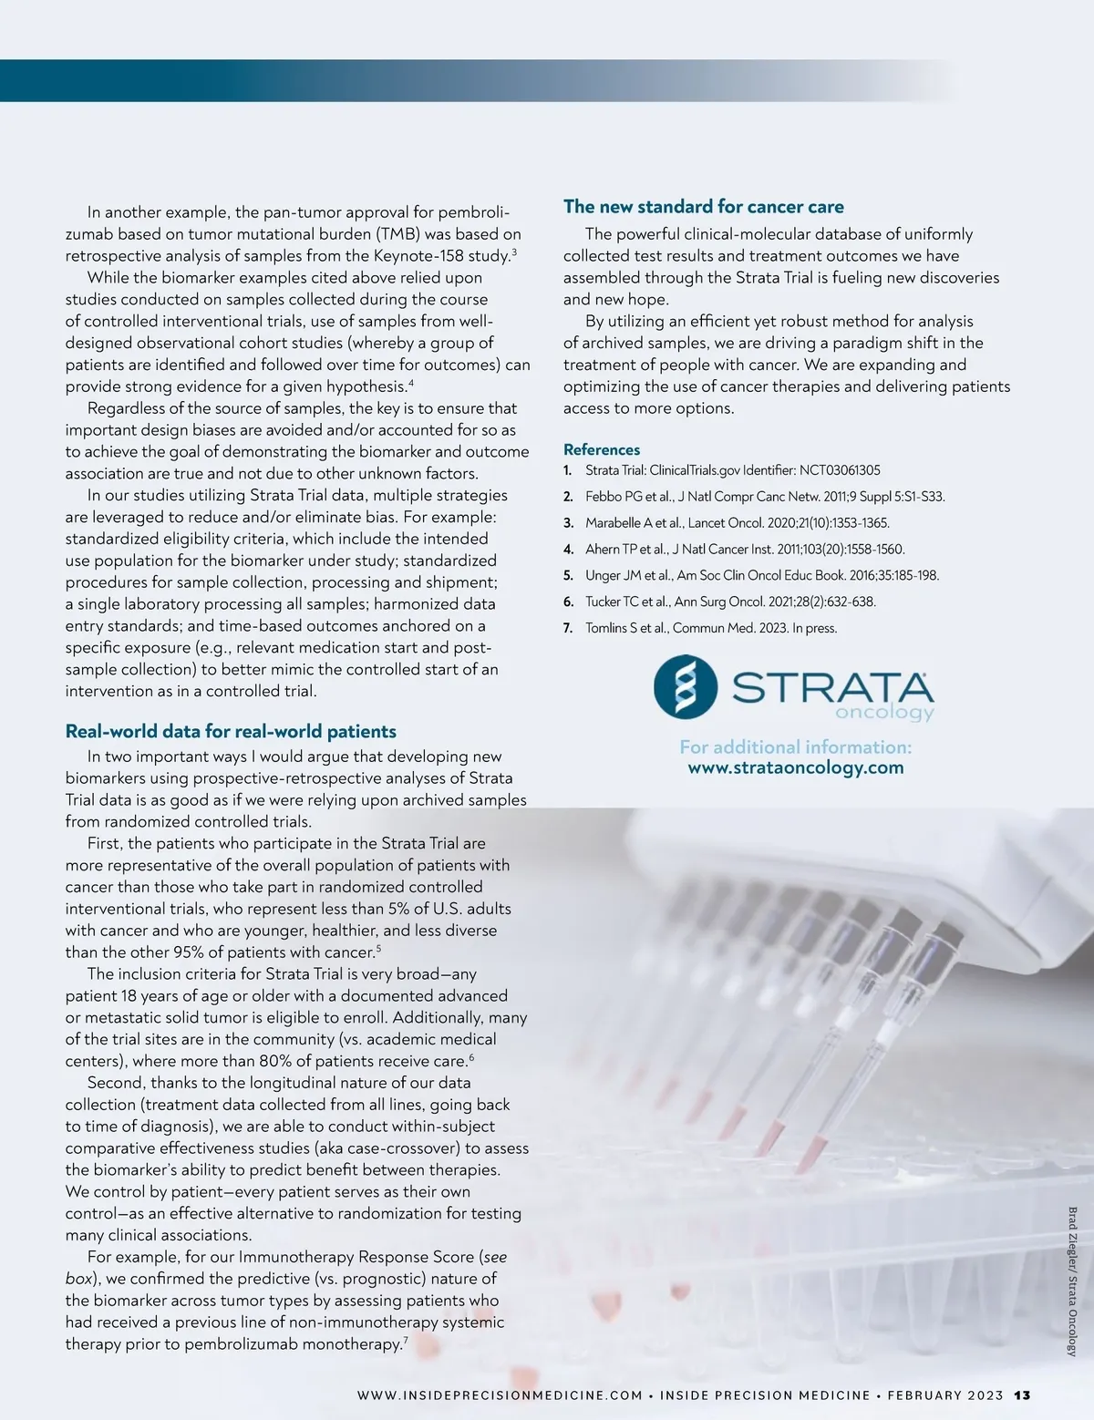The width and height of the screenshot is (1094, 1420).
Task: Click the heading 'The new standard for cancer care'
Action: (703, 207)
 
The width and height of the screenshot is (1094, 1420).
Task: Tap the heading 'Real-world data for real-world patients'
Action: (231, 731)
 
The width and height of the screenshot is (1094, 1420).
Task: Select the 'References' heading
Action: (602, 449)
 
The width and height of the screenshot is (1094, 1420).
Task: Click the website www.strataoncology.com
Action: (795, 767)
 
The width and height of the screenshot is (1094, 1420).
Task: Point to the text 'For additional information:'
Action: (795, 747)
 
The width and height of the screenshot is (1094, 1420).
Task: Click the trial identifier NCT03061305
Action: (840, 470)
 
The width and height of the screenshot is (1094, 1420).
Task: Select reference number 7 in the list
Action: (568, 628)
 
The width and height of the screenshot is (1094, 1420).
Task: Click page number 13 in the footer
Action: (1022, 1395)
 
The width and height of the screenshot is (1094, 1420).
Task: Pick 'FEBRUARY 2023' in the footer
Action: (944, 1395)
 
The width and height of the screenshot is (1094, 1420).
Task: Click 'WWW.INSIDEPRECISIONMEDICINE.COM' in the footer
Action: (501, 1395)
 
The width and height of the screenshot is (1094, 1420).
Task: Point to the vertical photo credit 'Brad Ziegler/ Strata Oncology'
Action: (1072, 1281)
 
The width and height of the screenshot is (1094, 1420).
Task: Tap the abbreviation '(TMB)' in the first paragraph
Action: (395, 234)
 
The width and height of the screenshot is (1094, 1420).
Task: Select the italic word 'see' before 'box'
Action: (494, 1257)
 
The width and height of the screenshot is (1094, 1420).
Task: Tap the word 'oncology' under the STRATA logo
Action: (884, 713)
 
